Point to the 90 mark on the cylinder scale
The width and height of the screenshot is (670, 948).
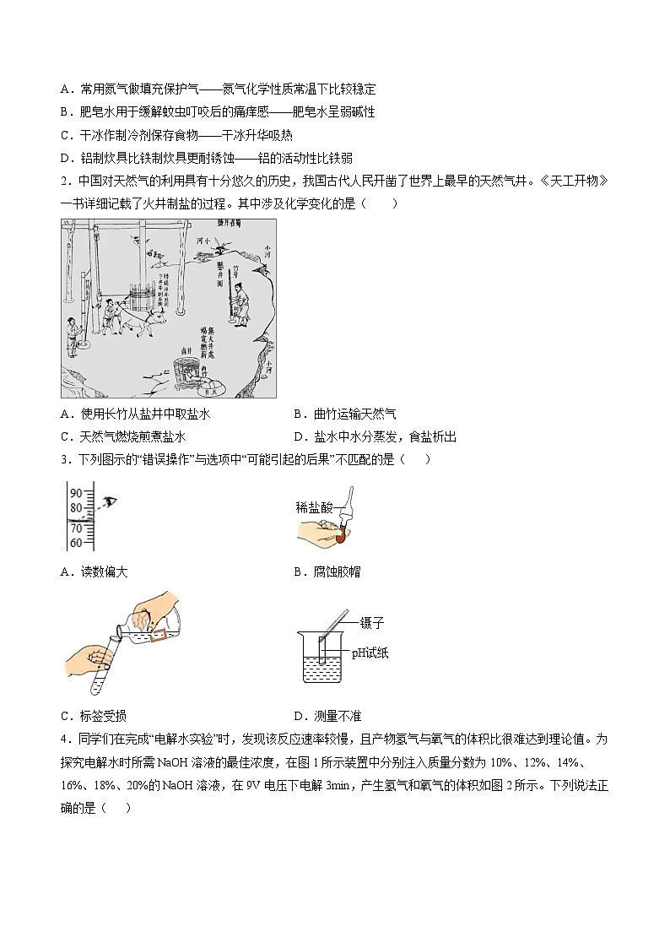point(75,493)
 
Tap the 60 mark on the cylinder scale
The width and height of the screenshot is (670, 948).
point(75,543)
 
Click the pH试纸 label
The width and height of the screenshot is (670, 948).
point(370,653)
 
